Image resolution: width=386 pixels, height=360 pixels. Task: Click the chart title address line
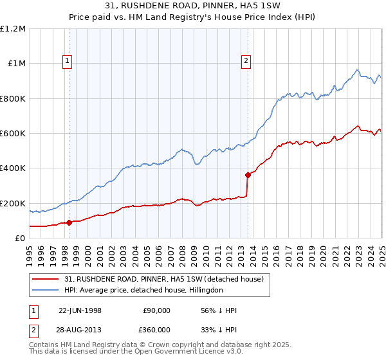[x=192, y=7]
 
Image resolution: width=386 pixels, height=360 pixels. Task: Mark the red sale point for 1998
[x=69, y=222]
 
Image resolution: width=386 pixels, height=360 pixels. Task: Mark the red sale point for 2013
[x=248, y=175]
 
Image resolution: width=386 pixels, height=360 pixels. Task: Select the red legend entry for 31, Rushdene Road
[x=164, y=279]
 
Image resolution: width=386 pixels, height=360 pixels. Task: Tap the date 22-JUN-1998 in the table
[x=80, y=310]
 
